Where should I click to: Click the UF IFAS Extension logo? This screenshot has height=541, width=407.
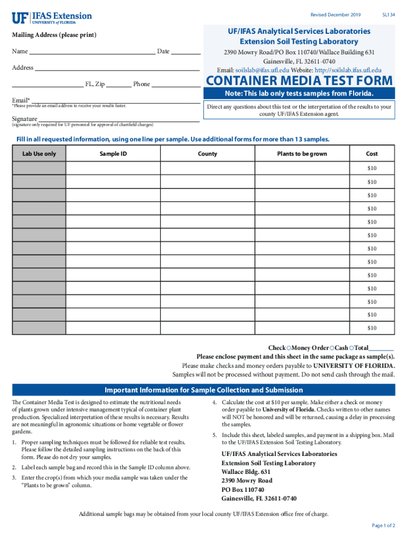pos(51,18)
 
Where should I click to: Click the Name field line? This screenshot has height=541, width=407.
pos(92,53)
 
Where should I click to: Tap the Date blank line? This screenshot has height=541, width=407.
pos(186,53)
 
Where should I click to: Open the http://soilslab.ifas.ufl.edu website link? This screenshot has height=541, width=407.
pos(347,70)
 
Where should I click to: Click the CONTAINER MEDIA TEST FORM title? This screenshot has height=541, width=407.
pos(299,81)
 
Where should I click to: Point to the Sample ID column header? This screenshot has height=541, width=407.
pos(113,154)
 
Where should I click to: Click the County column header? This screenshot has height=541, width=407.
pos(207,154)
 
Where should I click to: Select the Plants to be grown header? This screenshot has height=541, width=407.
pos(302,154)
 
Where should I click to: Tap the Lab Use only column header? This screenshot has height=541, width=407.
pos(39,154)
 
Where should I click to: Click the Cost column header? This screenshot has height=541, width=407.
pos(372,154)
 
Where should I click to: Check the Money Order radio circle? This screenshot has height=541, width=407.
pos(289,348)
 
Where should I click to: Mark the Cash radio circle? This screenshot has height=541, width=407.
pos(331,348)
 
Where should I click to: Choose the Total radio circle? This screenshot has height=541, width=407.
pos(351,348)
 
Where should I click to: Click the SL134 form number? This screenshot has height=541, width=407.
pos(388,15)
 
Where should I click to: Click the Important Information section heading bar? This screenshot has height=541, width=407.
pos(203,390)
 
